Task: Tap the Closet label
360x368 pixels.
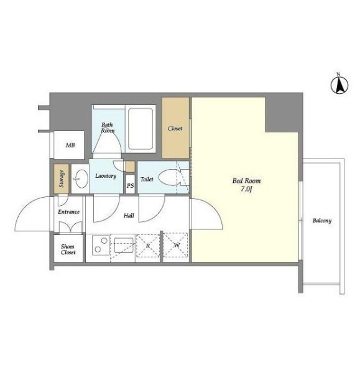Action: click(x=175, y=129)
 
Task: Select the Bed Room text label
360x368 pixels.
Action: click(x=246, y=181)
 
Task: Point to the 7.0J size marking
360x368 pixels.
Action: click(x=246, y=189)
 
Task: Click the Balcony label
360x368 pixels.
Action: click(x=322, y=221)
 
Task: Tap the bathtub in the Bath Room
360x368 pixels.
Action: click(x=141, y=129)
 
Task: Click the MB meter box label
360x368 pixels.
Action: click(x=70, y=145)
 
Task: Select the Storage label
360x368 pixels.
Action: click(x=62, y=179)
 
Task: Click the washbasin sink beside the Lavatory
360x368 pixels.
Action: click(x=80, y=179)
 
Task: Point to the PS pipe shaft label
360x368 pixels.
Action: click(x=130, y=186)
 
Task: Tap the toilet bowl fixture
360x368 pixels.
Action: click(x=168, y=178)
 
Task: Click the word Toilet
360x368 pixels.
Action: click(x=147, y=179)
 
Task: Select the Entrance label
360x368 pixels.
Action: click(x=69, y=212)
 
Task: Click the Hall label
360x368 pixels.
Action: click(x=129, y=216)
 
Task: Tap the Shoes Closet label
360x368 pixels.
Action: click(x=68, y=249)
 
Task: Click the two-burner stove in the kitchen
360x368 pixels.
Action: click(x=101, y=245)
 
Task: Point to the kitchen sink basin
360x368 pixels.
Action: click(x=124, y=246)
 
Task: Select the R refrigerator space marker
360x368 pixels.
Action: click(x=148, y=246)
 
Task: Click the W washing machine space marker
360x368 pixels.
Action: click(x=177, y=246)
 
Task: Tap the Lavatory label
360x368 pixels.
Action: click(x=106, y=176)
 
